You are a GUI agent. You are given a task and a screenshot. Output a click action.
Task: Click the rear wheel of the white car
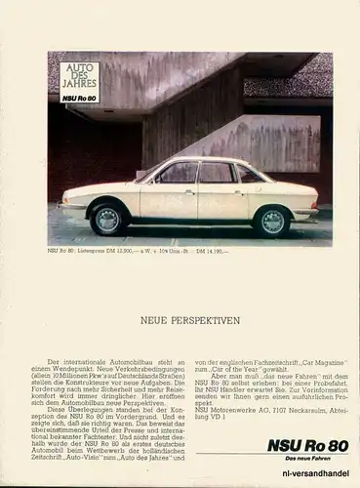(x=272, y=222)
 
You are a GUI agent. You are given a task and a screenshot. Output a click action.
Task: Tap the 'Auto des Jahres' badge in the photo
(x=79, y=83)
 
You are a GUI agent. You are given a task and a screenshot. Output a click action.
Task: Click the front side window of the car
(x=179, y=174)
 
